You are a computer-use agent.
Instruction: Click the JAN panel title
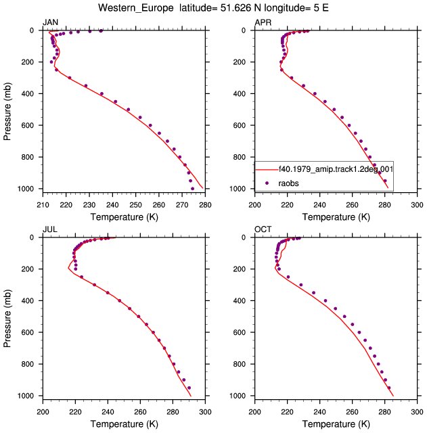[50, 22]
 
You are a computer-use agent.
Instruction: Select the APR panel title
[263, 22]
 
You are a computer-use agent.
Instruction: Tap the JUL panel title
[50, 229]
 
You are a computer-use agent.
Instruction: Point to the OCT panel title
[263, 229]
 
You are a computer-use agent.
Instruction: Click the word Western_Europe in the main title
[136, 8]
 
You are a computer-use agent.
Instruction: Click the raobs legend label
[288, 183]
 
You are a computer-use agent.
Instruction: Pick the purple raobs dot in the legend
[267, 183]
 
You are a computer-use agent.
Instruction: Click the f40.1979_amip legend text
[336, 168]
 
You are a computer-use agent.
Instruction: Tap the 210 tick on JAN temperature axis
[43, 205]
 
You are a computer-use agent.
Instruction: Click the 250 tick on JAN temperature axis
[135, 205]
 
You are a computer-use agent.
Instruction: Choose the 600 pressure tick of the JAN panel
[28, 125]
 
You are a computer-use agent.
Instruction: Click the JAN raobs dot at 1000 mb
[192, 189]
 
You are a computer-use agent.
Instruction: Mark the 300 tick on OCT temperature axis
[417, 412]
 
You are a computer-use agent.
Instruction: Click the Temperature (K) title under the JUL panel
[125, 424]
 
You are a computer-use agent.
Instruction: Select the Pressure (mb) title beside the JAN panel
[7, 111]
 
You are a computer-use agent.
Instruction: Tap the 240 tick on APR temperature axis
[319, 205]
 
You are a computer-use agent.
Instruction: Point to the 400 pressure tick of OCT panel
[240, 300]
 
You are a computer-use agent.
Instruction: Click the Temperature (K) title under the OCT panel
[336, 424]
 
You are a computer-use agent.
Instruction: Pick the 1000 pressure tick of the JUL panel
[26, 396]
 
